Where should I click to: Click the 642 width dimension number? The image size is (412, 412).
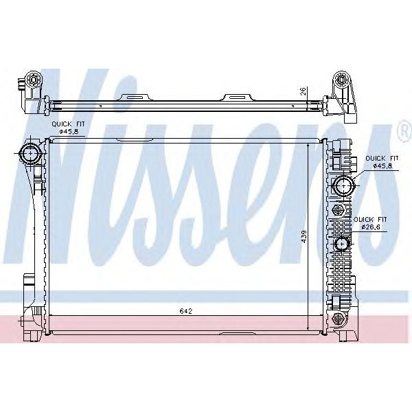pos(185,311)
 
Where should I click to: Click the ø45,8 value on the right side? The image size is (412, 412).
pos(382,165)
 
